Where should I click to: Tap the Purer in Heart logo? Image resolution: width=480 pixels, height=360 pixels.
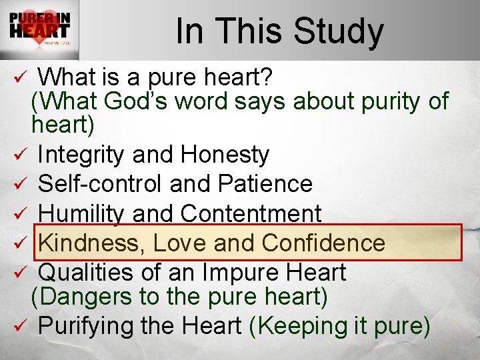(x=39, y=30)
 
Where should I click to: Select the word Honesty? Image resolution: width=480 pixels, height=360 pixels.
(x=225, y=155)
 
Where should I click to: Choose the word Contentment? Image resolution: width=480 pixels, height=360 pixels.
(x=251, y=214)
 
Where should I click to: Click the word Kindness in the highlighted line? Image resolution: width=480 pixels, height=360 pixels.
(x=92, y=243)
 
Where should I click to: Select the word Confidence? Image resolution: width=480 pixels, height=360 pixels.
(x=323, y=243)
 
